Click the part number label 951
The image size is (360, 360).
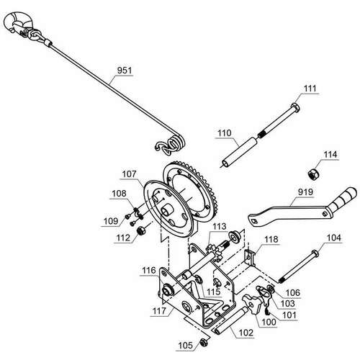pyautogui.click(x=125, y=71)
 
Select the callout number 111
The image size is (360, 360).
pyautogui.click(x=310, y=89)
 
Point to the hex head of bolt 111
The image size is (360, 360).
pyautogui.click(x=295, y=107)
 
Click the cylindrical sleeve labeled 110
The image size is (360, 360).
pyautogui.click(x=240, y=150)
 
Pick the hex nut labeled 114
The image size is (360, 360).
pyautogui.click(x=314, y=174)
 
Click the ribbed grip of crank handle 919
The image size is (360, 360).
pyautogui.click(x=343, y=200)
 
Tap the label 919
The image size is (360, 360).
pyautogui.click(x=305, y=192)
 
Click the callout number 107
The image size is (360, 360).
pyautogui.click(x=129, y=174)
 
